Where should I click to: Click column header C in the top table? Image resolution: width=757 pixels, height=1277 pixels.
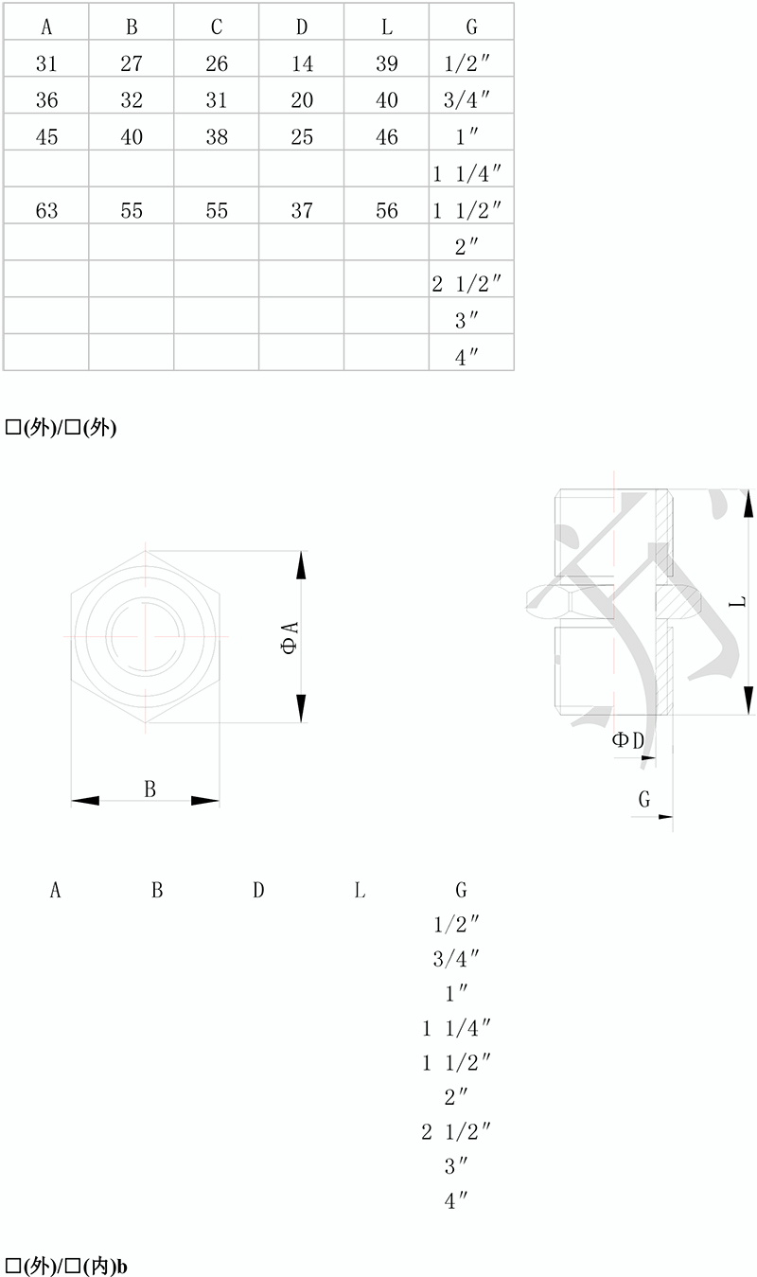217,27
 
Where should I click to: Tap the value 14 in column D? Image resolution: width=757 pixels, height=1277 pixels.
302,63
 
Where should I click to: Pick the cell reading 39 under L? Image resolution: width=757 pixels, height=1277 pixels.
386,63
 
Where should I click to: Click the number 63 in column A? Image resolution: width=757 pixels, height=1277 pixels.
46,211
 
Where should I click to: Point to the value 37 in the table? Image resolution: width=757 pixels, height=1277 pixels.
302,211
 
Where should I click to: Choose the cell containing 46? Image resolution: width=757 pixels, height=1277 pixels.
386,137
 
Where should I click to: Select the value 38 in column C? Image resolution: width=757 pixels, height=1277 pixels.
217,137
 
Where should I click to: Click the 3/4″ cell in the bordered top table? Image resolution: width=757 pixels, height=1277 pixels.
467,100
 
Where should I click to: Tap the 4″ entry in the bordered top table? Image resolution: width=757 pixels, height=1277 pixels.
467,358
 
